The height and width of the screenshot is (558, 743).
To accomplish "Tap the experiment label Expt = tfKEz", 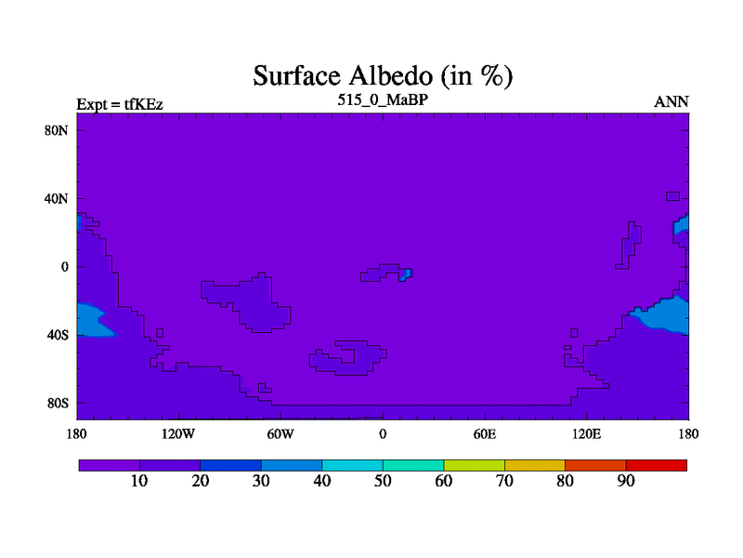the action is coord(120,104).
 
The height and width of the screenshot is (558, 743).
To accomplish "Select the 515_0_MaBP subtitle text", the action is coord(383,100).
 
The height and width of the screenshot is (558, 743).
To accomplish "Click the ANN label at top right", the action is coord(671,102).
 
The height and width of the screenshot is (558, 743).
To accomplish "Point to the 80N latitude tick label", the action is coord(57,130).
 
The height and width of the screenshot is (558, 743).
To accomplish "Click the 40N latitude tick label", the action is coord(57,198).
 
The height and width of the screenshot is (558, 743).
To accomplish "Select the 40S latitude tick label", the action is coord(58,335).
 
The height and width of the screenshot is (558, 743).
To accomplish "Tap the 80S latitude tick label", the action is coord(58,404).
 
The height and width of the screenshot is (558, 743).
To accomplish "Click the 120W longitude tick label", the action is coord(178,433).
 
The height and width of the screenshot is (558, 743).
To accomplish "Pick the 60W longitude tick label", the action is coord(280,433).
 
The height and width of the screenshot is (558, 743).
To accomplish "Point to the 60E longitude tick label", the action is coord(485,433).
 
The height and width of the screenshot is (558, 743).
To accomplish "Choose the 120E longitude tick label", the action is coord(587,433).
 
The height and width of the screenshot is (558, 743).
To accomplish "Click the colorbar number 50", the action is coord(383,481).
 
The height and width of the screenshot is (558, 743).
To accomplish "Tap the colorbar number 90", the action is coord(626,481).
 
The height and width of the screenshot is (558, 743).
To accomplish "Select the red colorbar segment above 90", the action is coord(657,466).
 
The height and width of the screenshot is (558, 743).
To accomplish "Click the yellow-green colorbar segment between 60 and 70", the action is coord(475,466).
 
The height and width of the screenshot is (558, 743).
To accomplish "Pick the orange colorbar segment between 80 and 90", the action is coord(595,466).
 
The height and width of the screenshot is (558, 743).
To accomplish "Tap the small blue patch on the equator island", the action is coord(405,274).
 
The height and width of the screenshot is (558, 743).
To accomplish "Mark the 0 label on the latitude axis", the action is coord(64,267).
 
